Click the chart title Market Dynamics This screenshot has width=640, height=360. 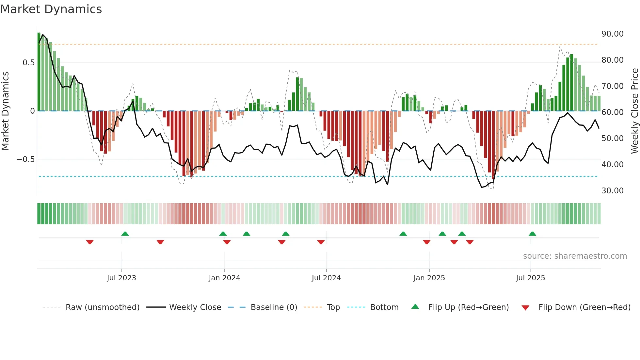click(51, 9)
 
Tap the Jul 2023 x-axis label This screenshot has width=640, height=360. click(121, 278)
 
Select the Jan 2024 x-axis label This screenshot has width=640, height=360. click(224, 278)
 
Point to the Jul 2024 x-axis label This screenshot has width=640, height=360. click(326, 278)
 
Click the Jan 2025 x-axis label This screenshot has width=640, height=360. click(429, 278)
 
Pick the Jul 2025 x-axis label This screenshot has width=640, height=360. click(531, 278)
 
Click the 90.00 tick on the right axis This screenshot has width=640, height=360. click(612, 34)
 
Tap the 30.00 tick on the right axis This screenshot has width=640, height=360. click(612, 191)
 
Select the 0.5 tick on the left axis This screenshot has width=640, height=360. click(28, 63)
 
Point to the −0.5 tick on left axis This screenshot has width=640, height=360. click(26, 159)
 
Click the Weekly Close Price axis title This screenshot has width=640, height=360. click(634, 111)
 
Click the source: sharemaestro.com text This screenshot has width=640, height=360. click(575, 256)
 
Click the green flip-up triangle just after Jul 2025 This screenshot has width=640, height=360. click(532, 234)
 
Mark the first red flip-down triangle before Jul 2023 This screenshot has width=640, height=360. click(90, 242)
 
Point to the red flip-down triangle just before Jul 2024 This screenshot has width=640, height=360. click(321, 242)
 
